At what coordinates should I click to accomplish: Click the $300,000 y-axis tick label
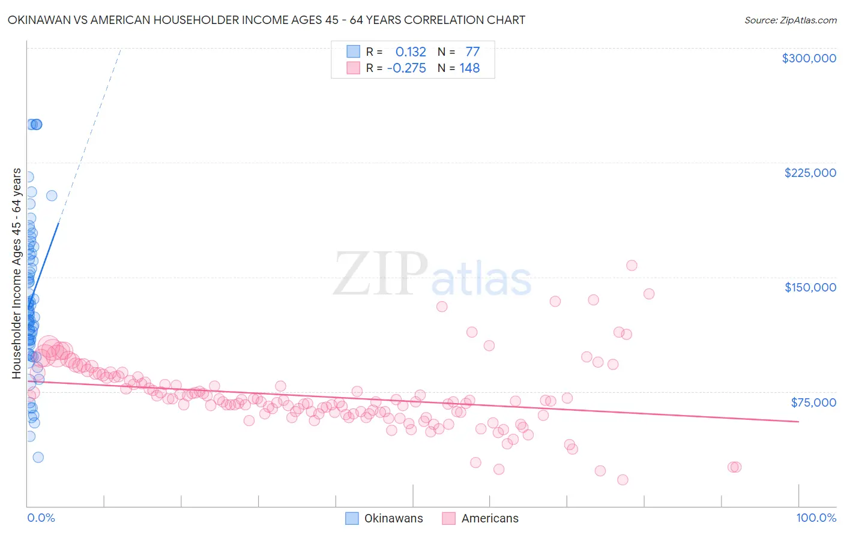click(x=809, y=58)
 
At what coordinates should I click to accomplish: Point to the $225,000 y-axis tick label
click(x=810, y=173)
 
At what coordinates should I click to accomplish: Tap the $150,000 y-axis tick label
click(x=810, y=287)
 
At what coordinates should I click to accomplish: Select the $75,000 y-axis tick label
click(x=813, y=402)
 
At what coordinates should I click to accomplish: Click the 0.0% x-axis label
click(x=41, y=518)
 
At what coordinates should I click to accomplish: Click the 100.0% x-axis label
click(x=816, y=518)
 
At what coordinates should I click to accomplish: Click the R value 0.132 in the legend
click(x=411, y=52)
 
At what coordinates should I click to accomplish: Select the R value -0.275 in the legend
click(x=406, y=68)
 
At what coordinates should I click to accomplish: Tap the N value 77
click(x=472, y=52)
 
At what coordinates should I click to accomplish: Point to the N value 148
click(x=469, y=68)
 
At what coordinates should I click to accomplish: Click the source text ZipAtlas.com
click(x=790, y=20)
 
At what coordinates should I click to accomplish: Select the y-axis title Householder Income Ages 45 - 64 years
click(x=16, y=273)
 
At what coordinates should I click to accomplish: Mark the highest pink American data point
click(x=631, y=265)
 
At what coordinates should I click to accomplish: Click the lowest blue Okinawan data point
click(x=38, y=457)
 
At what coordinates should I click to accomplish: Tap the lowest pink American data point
click(x=622, y=480)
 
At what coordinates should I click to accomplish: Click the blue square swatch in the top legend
click(x=354, y=52)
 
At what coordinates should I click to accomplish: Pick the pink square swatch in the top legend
click(x=354, y=68)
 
